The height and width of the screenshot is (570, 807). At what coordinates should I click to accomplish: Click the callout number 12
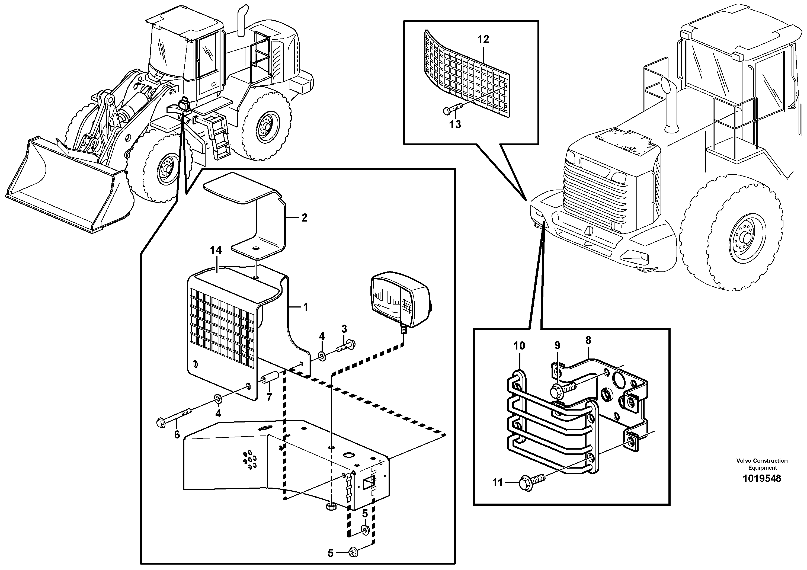click(x=483, y=39)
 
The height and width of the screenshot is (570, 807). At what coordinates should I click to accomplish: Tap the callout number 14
click(x=216, y=250)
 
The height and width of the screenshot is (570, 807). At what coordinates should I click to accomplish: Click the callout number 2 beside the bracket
click(x=304, y=217)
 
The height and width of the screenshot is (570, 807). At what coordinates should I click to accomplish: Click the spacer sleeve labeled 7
click(x=271, y=378)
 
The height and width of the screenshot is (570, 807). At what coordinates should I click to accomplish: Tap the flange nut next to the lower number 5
click(x=353, y=552)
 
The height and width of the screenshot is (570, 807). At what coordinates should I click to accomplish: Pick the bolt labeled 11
click(x=531, y=480)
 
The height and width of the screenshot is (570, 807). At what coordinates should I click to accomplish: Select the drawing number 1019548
click(x=762, y=478)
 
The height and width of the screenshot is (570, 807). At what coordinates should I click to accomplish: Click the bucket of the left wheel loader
click(x=67, y=183)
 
